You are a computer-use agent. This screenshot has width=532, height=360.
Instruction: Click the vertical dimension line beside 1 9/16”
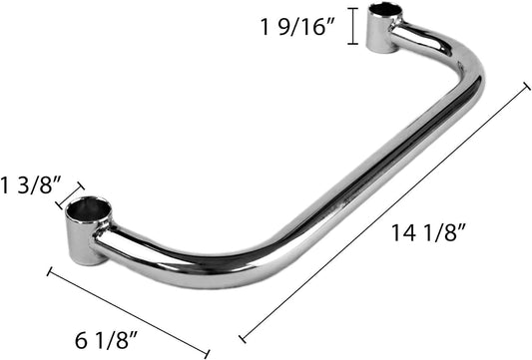click(352, 26)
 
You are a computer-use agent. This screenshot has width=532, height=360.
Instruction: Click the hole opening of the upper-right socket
click(384, 13)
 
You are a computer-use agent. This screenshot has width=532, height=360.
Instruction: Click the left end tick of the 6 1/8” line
click(51, 269)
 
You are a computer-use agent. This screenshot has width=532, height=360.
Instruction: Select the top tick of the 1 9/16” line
click(352, 8)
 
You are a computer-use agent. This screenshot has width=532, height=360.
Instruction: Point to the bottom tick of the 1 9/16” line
click(352, 44)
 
